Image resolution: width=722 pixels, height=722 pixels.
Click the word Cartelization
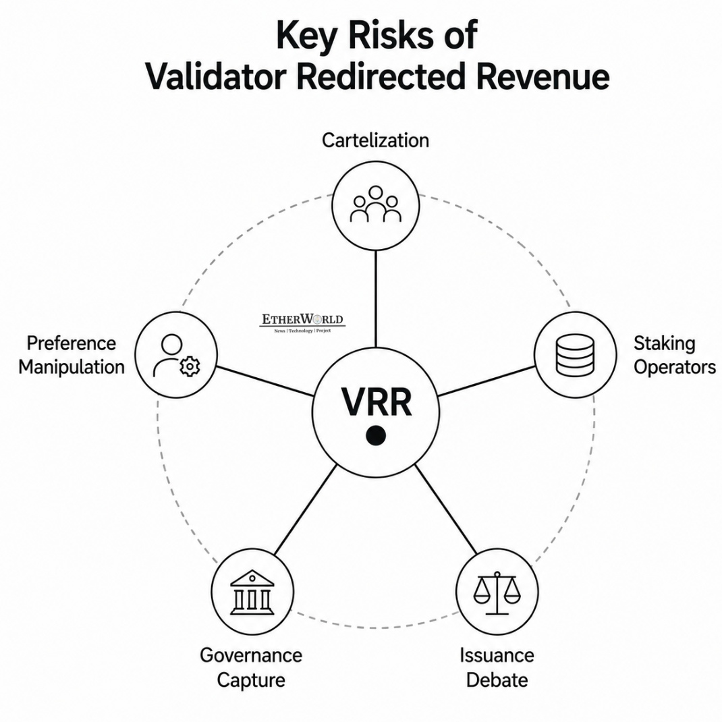click(x=375, y=140)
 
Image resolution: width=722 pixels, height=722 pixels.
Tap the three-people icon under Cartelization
click(x=375, y=204)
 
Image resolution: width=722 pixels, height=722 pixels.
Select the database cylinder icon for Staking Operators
click(x=575, y=355)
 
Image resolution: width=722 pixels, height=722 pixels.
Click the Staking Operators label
click(x=675, y=355)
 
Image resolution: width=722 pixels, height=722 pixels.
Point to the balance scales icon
click(x=497, y=593)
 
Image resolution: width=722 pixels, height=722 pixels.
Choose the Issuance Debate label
click(x=497, y=667)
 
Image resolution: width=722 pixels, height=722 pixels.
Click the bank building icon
click(x=252, y=592)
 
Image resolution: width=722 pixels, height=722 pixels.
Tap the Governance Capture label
click(x=251, y=667)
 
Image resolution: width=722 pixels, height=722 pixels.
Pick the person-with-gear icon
click(x=176, y=356)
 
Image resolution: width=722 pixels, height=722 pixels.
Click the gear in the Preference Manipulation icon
click(x=190, y=367)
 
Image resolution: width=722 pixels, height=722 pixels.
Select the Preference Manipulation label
click(x=72, y=355)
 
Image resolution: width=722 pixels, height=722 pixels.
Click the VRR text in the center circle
click(x=377, y=402)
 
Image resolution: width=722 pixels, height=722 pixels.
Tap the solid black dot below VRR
click(x=376, y=436)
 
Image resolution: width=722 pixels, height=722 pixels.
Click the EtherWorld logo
click(x=302, y=323)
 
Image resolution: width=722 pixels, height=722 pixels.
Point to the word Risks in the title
click(x=391, y=35)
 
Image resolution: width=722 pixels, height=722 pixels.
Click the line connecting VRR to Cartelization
click(x=376, y=298)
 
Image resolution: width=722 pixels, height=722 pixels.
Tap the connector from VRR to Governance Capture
click(x=305, y=509)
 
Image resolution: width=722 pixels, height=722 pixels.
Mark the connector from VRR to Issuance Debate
click(x=446, y=509)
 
